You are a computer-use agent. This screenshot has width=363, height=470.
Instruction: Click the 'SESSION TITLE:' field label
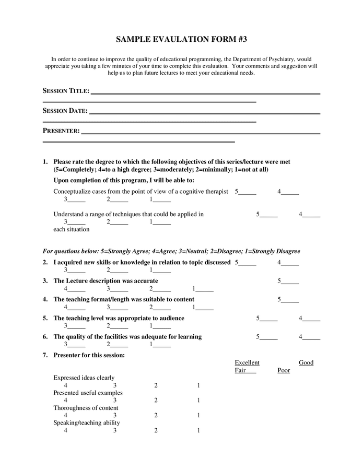[66, 91]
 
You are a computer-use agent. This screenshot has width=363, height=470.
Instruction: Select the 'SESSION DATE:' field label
[65, 111]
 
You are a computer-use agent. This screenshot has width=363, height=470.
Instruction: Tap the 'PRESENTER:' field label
[61, 131]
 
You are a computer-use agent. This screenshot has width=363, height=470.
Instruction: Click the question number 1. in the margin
[45, 162]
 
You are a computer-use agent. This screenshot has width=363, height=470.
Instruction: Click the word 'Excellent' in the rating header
[247, 362]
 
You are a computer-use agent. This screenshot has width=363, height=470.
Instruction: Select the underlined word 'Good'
[306, 362]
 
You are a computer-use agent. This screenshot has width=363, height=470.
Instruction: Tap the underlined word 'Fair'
[242, 370]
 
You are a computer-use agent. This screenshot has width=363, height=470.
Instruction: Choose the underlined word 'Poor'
[284, 370]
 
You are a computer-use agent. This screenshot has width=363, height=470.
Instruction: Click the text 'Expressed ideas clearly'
[84, 378]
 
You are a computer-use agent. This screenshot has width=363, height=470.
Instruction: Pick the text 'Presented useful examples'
[88, 393]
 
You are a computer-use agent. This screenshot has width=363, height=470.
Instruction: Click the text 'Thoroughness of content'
[86, 408]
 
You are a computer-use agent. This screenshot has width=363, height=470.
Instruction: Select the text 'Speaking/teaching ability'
[87, 423]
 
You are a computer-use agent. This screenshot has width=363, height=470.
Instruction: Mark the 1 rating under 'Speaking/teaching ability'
[198, 431]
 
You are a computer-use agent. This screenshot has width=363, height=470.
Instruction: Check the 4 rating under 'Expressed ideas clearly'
[66, 385]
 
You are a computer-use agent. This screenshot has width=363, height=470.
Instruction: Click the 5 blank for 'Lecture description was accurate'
[288, 281]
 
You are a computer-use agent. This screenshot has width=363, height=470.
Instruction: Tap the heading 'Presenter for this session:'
[89, 355]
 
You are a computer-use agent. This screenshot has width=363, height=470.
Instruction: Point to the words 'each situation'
[72, 229]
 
